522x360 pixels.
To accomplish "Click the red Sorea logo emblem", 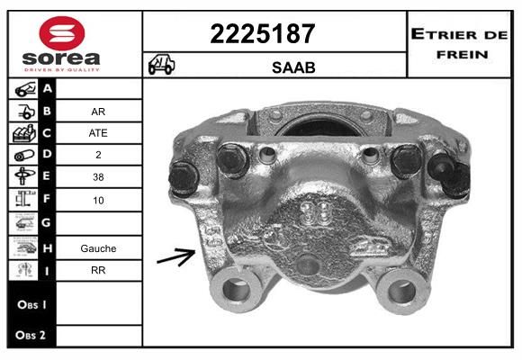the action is pyautogui.click(x=62, y=33).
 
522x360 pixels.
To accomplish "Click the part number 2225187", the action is pyautogui.click(x=263, y=34).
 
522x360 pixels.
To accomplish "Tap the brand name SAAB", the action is pyautogui.click(x=293, y=67).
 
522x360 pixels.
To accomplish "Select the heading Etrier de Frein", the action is pyautogui.click(x=459, y=44).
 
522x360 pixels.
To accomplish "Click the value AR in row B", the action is pyautogui.click(x=98, y=112).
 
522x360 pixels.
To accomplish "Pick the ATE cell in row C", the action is pyautogui.click(x=98, y=133).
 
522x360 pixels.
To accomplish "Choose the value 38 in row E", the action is pyautogui.click(x=98, y=177).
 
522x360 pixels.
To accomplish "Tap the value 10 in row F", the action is pyautogui.click(x=98, y=201).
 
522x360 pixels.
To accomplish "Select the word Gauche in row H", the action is pyautogui.click(x=98, y=248).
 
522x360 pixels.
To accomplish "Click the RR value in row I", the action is pyautogui.click(x=98, y=270).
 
